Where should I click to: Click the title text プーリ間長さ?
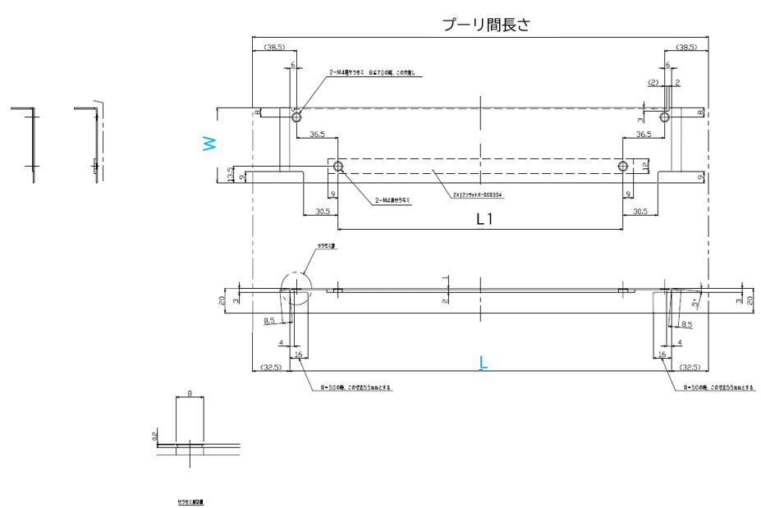(485, 25)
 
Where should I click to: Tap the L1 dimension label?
(484, 219)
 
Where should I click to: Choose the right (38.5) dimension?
(685, 48)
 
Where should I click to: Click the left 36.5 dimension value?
(316, 134)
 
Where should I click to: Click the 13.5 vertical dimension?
(231, 173)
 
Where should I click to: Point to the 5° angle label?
(695, 303)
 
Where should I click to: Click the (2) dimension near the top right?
(653, 83)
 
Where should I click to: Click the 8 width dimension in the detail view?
(190, 394)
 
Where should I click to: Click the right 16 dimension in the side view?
(662, 355)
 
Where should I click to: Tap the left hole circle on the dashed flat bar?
(338, 167)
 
